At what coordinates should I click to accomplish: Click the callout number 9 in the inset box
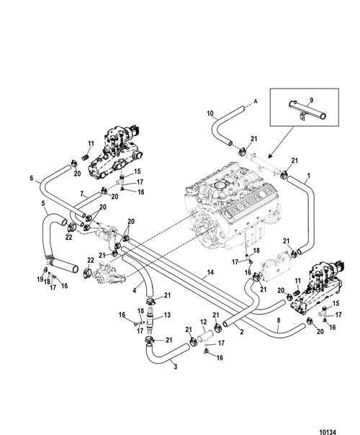coord(312,100)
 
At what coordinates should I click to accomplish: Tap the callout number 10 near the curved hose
coord(210,114)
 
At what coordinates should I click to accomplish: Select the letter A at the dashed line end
coord(256,102)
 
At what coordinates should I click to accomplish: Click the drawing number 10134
coord(328,432)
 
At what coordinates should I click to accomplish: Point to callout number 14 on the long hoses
coord(210,272)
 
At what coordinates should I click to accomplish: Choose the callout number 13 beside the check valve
coord(167,315)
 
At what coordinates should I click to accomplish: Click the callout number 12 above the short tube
coord(203,322)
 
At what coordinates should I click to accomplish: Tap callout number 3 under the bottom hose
coord(175,367)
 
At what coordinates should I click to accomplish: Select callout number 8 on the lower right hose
coord(279,320)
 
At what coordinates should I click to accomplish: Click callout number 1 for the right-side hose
coord(308,176)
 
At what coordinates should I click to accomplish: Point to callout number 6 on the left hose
coord(32,178)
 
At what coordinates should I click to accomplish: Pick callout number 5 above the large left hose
coord(43,203)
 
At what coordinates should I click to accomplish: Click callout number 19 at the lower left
coord(40,279)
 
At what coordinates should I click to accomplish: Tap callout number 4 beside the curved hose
coord(134,291)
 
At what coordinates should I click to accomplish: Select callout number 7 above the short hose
coord(82,194)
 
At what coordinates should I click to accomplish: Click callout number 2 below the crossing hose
coord(242,331)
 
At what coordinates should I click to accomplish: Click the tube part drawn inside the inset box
coord(307,110)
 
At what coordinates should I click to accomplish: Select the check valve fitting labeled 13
coord(150,318)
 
